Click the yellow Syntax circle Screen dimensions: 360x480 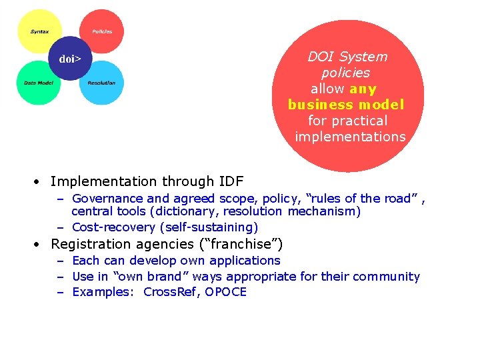click(x=38, y=31)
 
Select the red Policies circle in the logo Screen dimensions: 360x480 click(x=102, y=31)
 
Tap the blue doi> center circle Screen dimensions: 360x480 click(x=70, y=59)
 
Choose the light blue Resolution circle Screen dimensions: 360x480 click(x=102, y=83)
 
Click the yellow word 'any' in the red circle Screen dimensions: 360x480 click(x=363, y=89)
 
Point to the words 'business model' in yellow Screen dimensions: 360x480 click(x=346, y=105)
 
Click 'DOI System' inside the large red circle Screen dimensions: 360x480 click(x=347, y=57)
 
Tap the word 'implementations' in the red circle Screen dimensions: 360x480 click(x=350, y=137)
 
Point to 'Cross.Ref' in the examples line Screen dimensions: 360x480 click(x=170, y=292)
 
